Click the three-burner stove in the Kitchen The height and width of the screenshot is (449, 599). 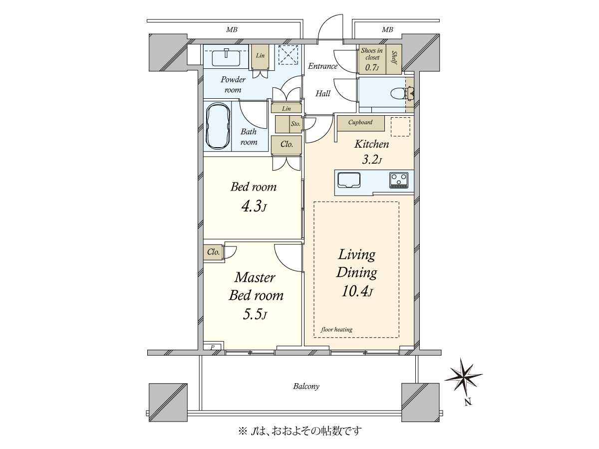[399, 180]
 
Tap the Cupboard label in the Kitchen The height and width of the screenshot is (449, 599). [360, 122]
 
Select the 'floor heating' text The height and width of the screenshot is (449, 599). [336, 329]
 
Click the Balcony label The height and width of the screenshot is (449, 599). [306, 386]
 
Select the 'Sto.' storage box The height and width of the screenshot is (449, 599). [295, 124]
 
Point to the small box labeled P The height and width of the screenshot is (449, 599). [212, 347]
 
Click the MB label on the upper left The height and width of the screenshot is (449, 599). [232, 30]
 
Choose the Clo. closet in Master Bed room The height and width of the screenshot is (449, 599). [214, 252]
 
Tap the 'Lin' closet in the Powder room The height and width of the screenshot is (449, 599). [261, 55]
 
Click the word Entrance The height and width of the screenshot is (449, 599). [322, 66]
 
